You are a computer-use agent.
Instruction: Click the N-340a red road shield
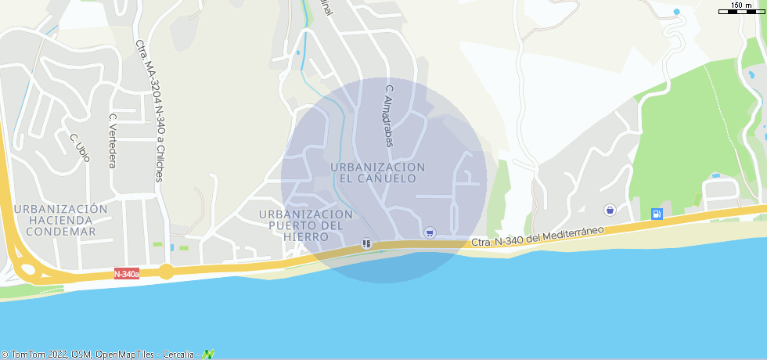[126, 274]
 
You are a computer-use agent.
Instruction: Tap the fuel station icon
[657, 214]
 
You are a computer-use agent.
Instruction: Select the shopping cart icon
[429, 232]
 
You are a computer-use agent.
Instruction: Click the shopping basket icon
[609, 210]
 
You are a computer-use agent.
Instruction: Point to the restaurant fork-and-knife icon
[365, 243]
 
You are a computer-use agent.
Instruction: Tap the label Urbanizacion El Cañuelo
[377, 173]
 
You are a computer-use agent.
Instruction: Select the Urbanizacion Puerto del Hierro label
[306, 225]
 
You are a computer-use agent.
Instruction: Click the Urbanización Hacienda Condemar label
[60, 220]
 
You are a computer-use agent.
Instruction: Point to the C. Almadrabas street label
[387, 116]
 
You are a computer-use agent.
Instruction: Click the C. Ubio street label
[80, 148]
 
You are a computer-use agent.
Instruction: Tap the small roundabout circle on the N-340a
[166, 272]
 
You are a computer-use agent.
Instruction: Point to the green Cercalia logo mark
[208, 355]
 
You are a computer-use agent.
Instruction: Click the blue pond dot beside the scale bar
[676, 12]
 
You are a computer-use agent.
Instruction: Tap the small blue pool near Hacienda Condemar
[171, 247]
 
